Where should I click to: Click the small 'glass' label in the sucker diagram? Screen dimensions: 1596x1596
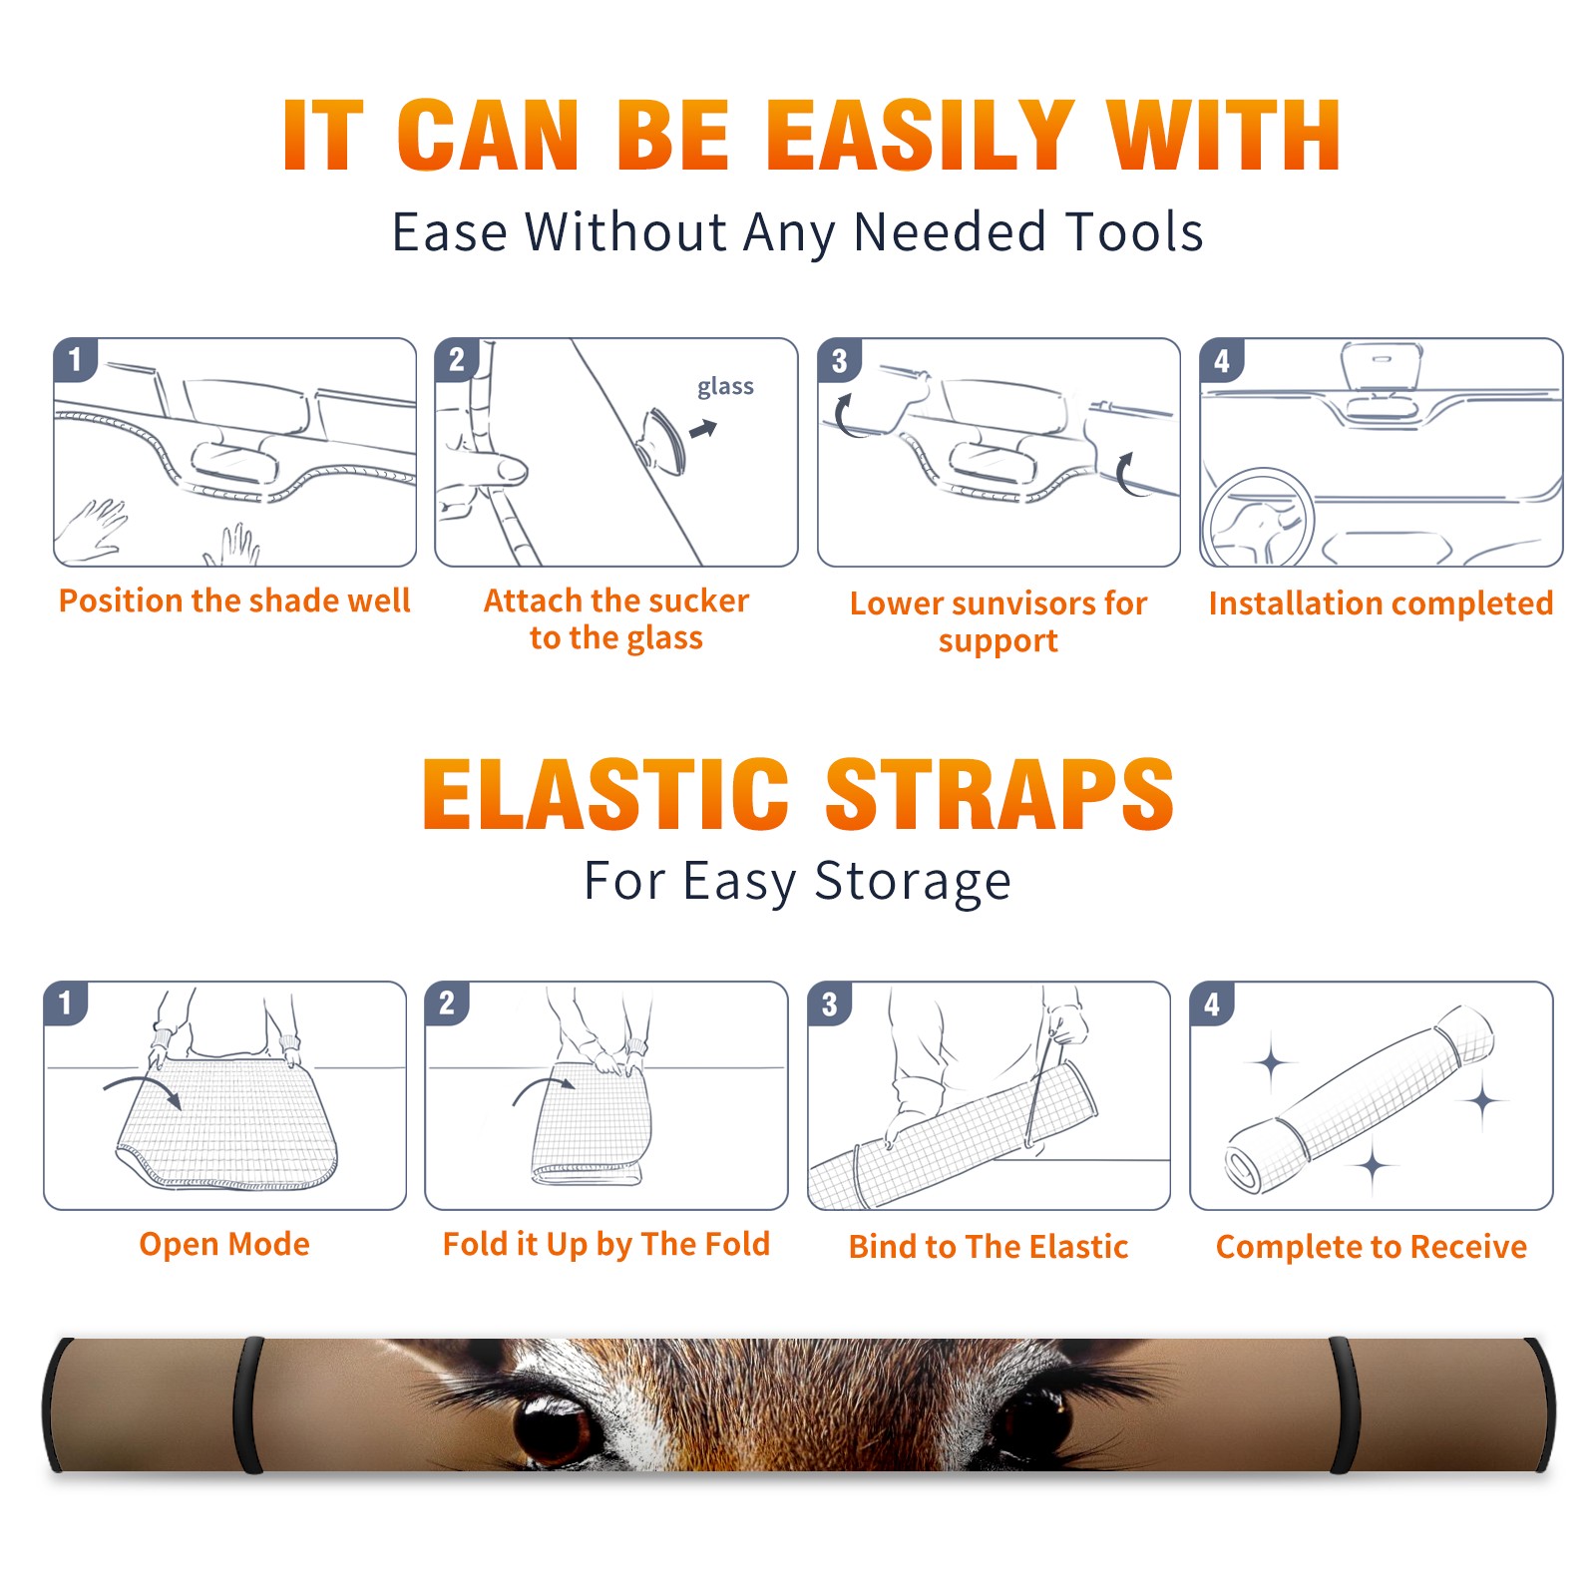725,387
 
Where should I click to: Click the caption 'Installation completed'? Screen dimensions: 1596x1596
1381,602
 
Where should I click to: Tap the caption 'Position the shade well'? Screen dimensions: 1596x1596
234,600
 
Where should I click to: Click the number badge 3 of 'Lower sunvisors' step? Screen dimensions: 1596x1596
839,360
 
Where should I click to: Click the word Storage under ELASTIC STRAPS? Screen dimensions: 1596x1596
913,882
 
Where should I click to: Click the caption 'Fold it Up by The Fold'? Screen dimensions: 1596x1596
606,1244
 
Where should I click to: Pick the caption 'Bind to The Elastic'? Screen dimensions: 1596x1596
989,1247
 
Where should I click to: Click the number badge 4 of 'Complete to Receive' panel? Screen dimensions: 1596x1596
1212,1003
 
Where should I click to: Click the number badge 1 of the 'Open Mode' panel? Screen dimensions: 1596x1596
65,1002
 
